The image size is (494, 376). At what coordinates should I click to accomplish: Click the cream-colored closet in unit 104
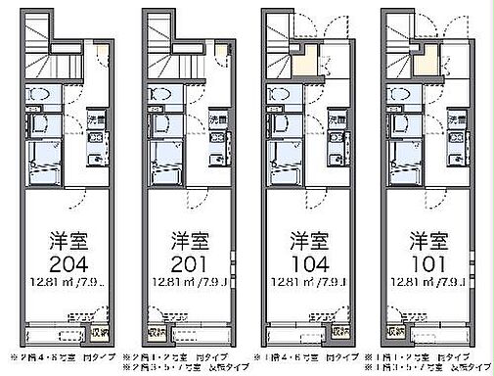(309, 60)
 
